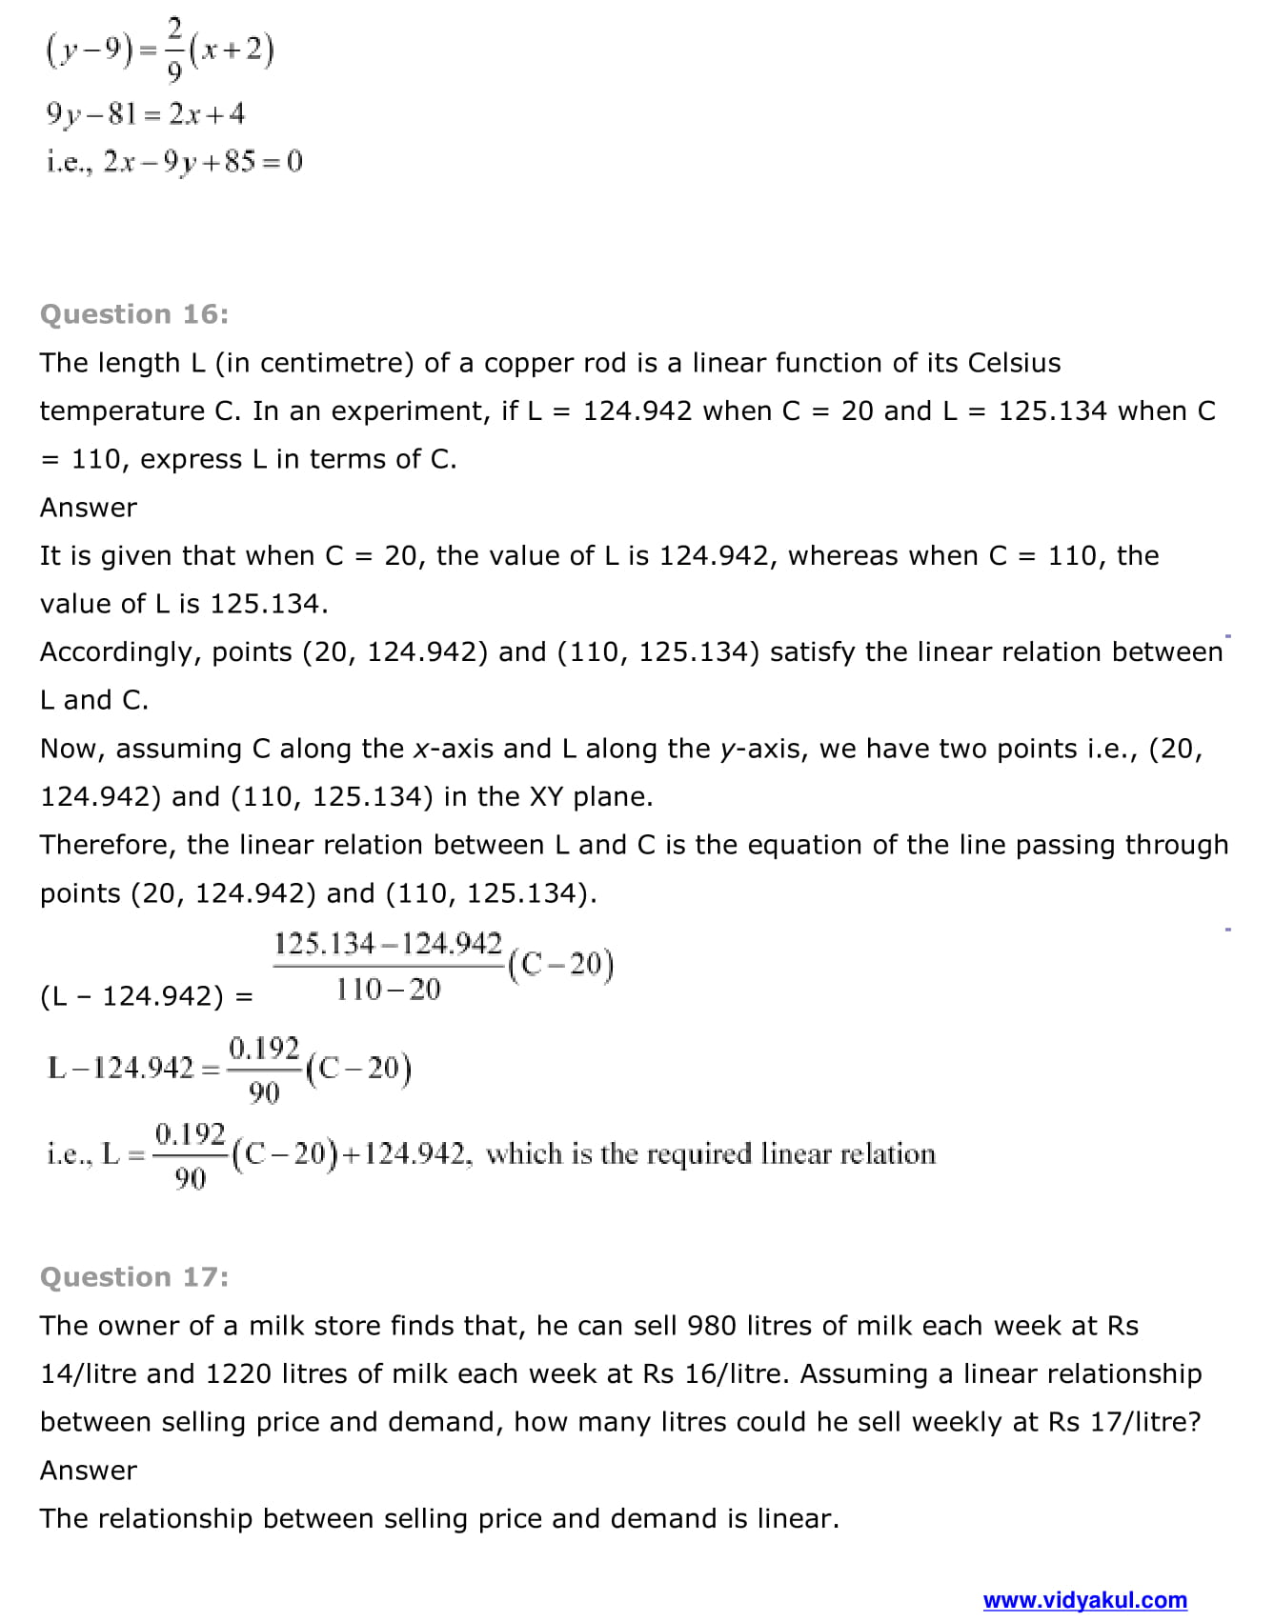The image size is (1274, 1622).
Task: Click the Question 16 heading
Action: click(x=134, y=314)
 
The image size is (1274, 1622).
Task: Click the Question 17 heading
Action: click(x=134, y=1277)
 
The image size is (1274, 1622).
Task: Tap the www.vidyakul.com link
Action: click(x=1084, y=1600)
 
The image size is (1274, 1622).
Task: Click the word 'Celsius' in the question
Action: click(x=1014, y=363)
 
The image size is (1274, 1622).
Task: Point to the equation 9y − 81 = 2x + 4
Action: click(x=145, y=114)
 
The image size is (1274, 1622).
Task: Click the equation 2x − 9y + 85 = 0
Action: click(x=202, y=162)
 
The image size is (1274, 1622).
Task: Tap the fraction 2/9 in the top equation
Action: click(x=174, y=50)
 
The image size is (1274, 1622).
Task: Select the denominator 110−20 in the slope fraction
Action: click(x=388, y=990)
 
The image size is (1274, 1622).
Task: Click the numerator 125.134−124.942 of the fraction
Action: click(x=388, y=944)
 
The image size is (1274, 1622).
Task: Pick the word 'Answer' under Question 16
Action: click(x=89, y=508)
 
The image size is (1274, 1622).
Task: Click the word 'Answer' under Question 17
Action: click(x=89, y=1471)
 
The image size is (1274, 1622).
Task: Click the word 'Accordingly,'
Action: click(x=120, y=652)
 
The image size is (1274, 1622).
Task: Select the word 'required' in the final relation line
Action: click(x=698, y=1154)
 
